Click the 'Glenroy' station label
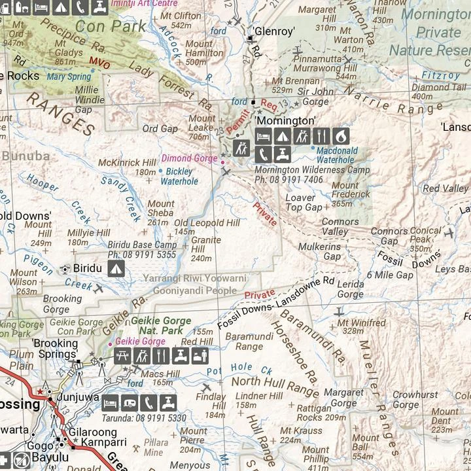click(274, 31)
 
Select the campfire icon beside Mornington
click(340, 136)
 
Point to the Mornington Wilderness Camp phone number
click(288, 179)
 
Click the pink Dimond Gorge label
click(190, 158)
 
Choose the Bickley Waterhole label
click(179, 177)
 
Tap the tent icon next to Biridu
click(116, 268)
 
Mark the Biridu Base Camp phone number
click(142, 254)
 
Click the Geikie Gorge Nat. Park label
click(161, 326)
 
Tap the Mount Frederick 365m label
click(350, 194)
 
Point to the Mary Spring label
click(69, 76)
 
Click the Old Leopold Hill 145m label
click(207, 227)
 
